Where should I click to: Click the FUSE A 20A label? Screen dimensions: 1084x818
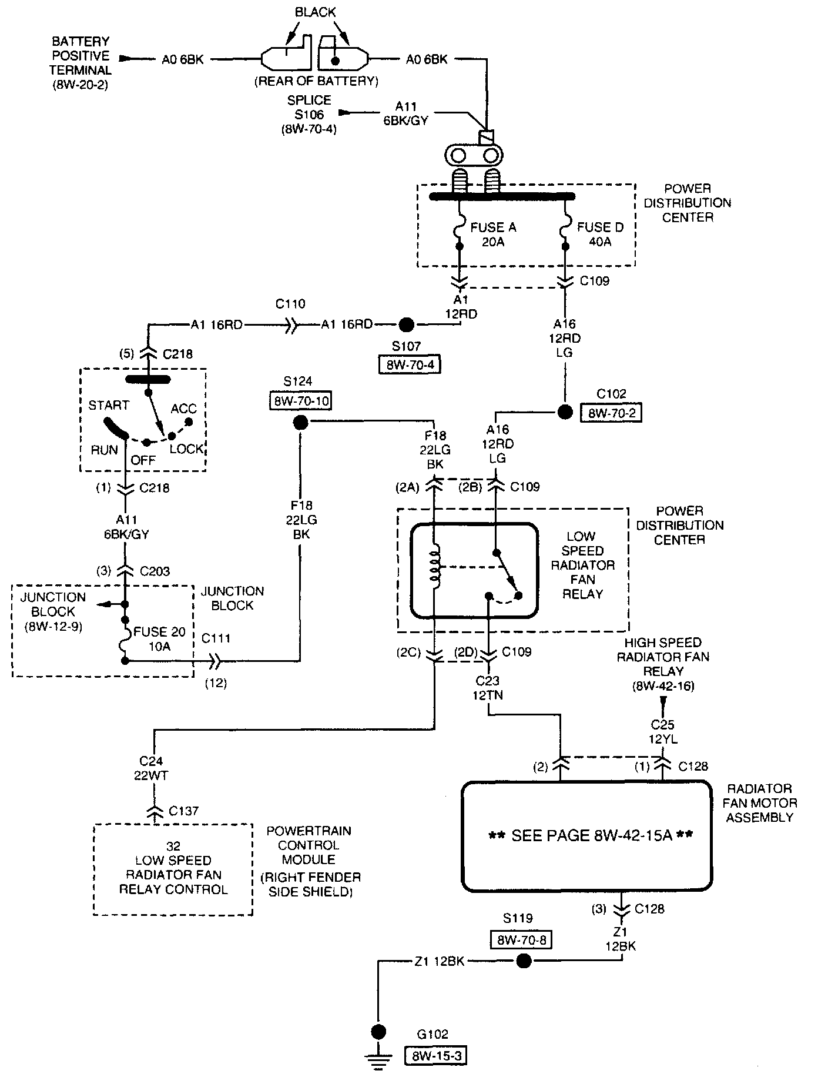[492, 235]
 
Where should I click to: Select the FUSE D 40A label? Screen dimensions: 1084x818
[600, 235]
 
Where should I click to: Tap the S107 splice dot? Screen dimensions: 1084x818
[406, 324]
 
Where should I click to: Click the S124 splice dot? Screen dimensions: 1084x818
[300, 422]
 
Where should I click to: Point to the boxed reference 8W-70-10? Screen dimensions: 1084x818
[301, 401]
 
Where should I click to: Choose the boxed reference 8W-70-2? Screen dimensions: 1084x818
[611, 413]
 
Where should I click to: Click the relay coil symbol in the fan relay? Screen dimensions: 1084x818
[435, 568]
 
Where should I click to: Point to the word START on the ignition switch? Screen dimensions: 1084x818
[109, 406]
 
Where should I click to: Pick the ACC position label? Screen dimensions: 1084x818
[183, 409]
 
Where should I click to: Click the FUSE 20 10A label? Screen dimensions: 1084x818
[159, 639]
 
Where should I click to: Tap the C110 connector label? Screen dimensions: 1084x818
[290, 304]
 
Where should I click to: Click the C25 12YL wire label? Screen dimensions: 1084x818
[662, 732]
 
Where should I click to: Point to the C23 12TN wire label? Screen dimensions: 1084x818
[488, 688]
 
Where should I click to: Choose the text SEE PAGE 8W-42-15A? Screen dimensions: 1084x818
[591, 836]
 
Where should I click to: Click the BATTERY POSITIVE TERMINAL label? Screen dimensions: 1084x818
[81, 62]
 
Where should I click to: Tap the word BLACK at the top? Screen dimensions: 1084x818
[316, 12]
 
